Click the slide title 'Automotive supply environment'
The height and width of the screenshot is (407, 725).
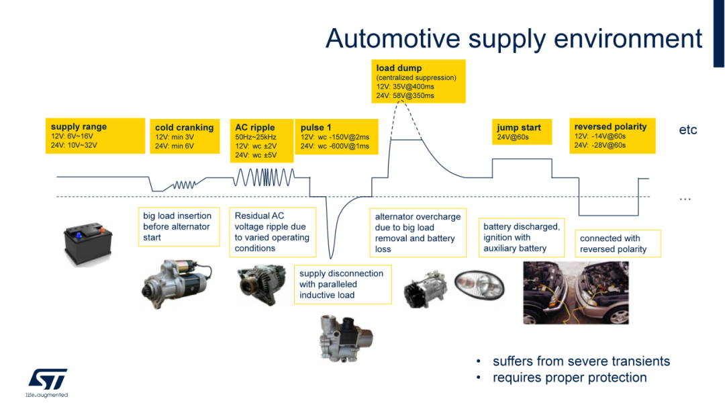514,38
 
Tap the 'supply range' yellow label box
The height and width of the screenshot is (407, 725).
96,136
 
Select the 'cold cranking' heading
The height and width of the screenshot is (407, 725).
185,128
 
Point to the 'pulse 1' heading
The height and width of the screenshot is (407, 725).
316,127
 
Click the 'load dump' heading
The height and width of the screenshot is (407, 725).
399,68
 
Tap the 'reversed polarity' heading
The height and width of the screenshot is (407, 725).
610,126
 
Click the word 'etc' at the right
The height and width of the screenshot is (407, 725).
688,130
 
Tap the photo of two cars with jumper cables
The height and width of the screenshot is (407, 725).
576,293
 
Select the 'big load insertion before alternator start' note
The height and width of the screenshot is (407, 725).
179,226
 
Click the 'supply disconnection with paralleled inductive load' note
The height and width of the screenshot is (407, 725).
342,284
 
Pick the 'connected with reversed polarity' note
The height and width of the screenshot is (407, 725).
618,243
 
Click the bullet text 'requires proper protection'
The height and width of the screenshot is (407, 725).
569,377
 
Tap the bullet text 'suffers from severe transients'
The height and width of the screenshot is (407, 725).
581,361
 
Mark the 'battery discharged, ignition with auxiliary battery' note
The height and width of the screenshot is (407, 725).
521,237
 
